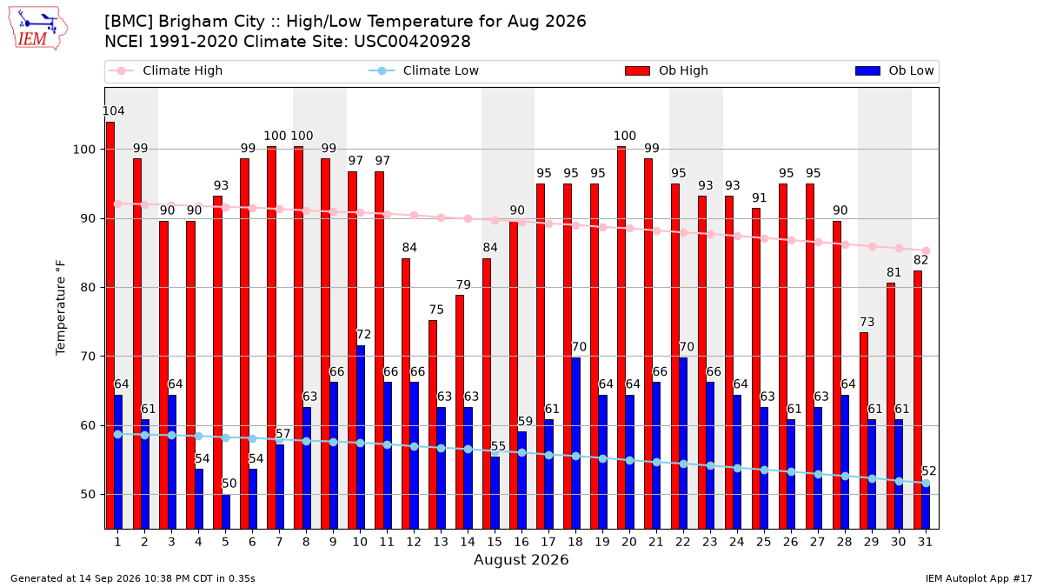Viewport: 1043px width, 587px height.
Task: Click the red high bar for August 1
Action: pos(110,325)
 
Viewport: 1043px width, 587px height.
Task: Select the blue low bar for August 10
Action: pos(361,437)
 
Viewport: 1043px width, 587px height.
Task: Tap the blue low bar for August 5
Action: pos(226,511)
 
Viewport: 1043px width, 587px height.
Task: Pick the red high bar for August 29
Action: pos(864,430)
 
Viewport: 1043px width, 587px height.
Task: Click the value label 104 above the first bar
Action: pos(113,111)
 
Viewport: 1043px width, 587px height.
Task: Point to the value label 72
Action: pos(363,335)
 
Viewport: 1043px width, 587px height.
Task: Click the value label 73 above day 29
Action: pos(867,322)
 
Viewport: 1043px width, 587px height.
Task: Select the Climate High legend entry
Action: pos(165,70)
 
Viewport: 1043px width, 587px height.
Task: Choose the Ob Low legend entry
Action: pos(894,70)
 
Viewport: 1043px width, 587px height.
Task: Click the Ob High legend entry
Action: pos(667,70)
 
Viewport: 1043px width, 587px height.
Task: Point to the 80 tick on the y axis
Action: pos(88,288)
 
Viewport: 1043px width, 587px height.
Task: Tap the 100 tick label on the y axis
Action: pos(83,150)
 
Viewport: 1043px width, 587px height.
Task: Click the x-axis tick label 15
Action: pos(495,542)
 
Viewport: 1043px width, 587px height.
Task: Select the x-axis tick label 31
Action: pos(925,542)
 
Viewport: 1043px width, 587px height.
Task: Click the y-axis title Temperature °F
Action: pos(61,308)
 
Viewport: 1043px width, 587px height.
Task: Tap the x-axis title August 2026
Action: pos(521,559)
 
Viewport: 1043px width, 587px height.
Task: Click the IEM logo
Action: pos(37,29)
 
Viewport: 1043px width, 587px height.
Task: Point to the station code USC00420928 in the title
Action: pos(412,42)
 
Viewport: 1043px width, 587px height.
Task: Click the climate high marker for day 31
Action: pos(926,250)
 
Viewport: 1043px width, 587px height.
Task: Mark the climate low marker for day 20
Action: pos(629,460)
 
